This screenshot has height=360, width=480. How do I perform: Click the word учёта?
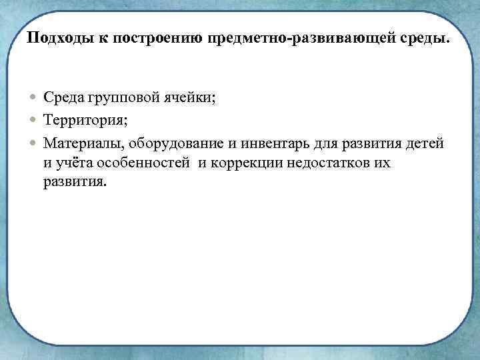(x=73, y=164)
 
